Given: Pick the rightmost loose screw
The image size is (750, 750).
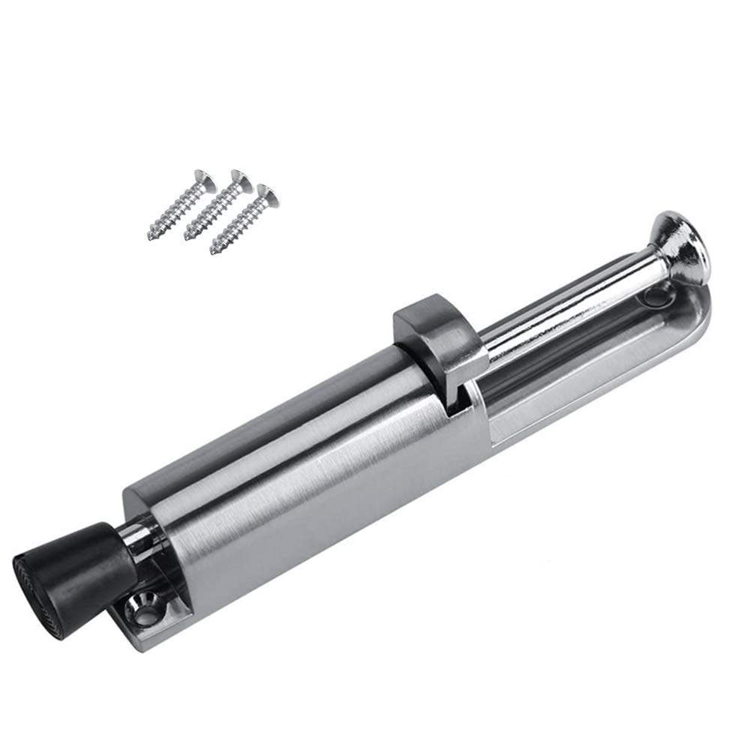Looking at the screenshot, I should [241, 217].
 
